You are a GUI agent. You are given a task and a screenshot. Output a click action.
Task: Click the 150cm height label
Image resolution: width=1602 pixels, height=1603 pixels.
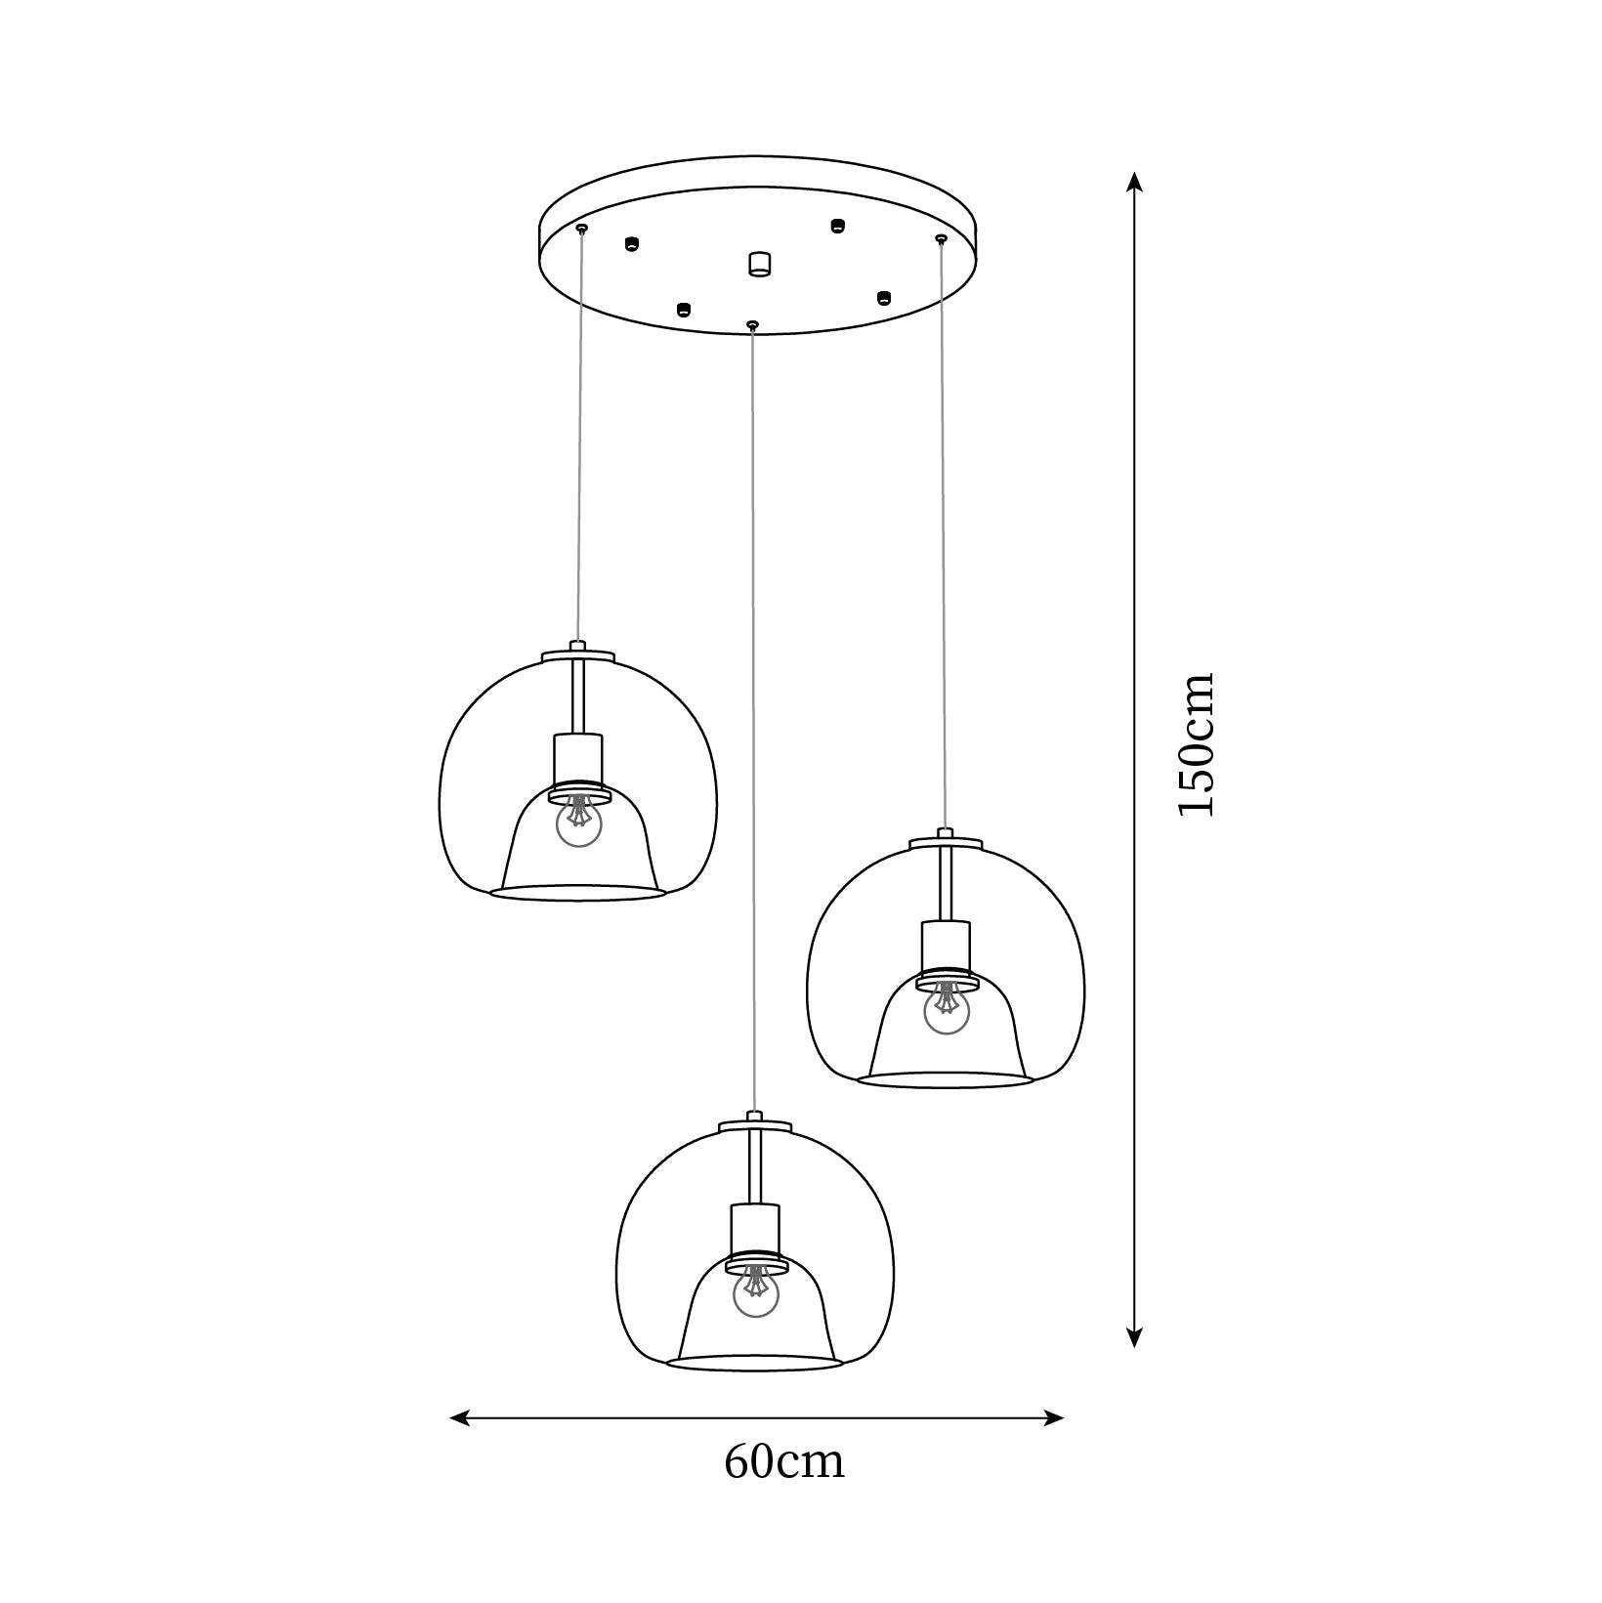pyautogui.click(x=1197, y=744)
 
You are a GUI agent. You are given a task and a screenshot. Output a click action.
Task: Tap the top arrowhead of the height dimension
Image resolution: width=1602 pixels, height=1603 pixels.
pyautogui.click(x=1133, y=182)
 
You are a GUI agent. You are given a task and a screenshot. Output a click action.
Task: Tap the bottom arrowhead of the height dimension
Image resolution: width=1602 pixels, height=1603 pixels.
pyautogui.click(x=1133, y=1338)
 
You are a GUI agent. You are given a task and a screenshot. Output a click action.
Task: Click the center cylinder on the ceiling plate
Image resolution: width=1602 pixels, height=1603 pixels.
pyautogui.click(x=759, y=264)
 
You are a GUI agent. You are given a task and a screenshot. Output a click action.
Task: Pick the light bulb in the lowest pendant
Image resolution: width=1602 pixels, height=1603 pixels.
pyautogui.click(x=756, y=1294)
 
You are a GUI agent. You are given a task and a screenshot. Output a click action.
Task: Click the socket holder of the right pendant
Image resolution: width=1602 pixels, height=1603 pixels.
pyautogui.click(x=947, y=947)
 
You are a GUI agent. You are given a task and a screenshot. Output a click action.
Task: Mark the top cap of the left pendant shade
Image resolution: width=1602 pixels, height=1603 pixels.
pyautogui.click(x=577, y=653)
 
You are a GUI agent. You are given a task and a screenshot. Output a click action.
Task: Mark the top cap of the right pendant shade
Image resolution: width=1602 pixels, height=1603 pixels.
pyautogui.click(x=946, y=840)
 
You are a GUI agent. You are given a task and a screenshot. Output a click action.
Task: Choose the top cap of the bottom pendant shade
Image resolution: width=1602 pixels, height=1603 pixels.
pyautogui.click(x=754, y=1124)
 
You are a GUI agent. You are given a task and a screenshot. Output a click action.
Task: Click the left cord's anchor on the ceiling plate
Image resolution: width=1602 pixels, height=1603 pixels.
pyautogui.click(x=582, y=229)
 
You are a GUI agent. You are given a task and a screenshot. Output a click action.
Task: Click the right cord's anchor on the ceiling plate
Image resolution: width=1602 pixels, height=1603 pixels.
pyautogui.click(x=942, y=238)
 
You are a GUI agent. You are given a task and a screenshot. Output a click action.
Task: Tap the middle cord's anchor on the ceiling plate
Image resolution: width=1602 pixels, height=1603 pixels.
pyautogui.click(x=751, y=324)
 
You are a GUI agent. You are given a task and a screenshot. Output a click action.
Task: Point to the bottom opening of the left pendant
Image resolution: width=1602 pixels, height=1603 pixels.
pyautogui.click(x=577, y=892)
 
